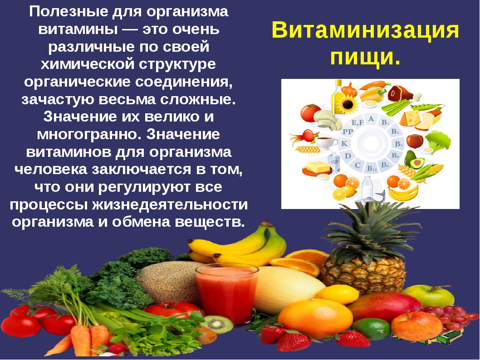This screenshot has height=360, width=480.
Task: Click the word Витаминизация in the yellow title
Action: coord(365,30)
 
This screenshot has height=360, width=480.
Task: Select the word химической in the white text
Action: coord(88,64)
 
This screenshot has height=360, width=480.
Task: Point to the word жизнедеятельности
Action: coord(170,204)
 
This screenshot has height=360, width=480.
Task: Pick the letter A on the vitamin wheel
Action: coord(371,119)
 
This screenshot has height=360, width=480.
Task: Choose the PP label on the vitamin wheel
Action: coord(348,132)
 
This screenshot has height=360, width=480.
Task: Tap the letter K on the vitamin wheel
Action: coord(344,143)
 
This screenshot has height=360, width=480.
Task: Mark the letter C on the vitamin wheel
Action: coord(358,165)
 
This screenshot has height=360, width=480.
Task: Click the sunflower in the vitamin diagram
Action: coord(348,104)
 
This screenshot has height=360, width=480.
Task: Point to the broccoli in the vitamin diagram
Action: coord(438,141)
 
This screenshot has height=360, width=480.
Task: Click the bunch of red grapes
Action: coord(450,316)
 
